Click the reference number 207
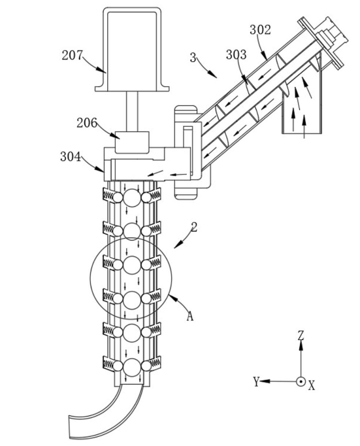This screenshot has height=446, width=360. (x=72, y=55)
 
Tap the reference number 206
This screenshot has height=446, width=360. (x=87, y=123)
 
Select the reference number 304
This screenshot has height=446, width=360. (x=71, y=157)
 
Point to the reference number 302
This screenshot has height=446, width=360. (x=260, y=29)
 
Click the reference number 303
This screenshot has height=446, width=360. (x=236, y=54)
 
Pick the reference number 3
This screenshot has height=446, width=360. (x=193, y=58)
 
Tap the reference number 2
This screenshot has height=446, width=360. (x=194, y=227)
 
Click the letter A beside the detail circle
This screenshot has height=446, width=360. (x=190, y=316)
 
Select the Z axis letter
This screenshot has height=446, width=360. (x=301, y=335)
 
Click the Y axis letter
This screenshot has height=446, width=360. (x=257, y=381)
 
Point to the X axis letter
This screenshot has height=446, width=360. (x=312, y=386)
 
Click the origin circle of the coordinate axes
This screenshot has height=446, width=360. (x=301, y=381)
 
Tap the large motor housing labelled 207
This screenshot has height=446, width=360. (x=133, y=50)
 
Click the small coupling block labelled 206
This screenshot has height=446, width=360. (x=132, y=143)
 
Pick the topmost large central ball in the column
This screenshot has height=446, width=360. (x=132, y=197)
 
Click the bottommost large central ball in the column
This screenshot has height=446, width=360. (x=132, y=367)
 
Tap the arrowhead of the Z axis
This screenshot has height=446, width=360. (x=301, y=345)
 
